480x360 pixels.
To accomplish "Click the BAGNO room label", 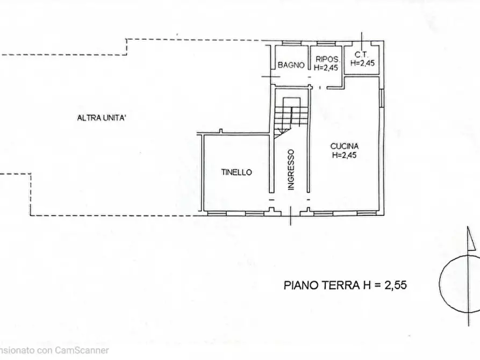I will pos(291,66).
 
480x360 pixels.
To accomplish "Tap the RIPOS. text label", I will pos(327,59).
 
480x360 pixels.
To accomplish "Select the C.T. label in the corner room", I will pos(362,55).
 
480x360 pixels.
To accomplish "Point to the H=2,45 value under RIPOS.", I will pos(327,68).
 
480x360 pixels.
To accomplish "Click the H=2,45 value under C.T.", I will pos(362,63).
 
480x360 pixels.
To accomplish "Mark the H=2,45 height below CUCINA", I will pos(345,156).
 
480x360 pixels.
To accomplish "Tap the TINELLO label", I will pos(237,172).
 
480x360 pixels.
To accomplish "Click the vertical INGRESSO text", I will pos(291,169).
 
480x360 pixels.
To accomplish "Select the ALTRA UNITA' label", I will pos(101,119).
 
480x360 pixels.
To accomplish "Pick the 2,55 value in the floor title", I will pos(395,285).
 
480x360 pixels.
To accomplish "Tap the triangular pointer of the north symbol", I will pos(471,240).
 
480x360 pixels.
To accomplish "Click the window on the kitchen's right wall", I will pos(382,98).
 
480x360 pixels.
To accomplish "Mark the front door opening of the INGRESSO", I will pos(290,213).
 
